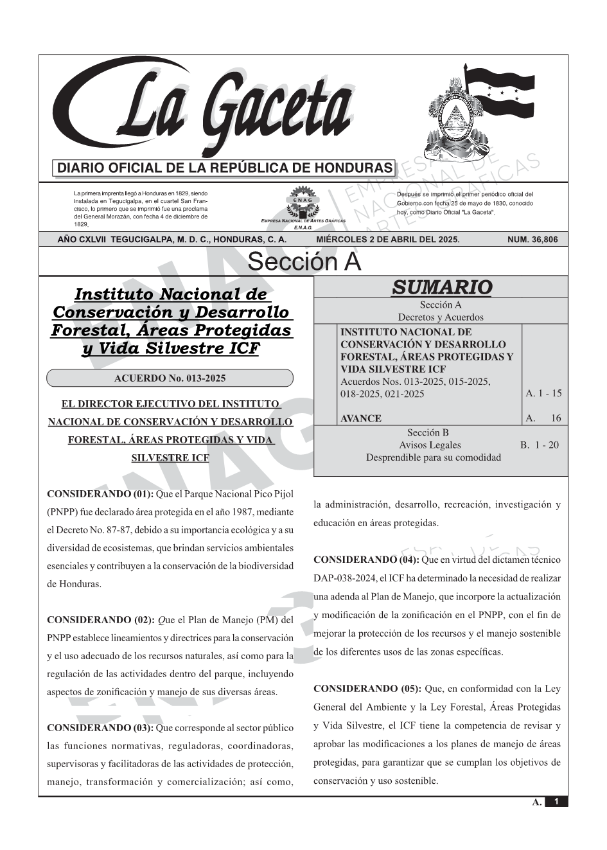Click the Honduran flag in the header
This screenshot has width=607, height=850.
pos(498,91)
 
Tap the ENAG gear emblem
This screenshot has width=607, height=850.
pos(303,200)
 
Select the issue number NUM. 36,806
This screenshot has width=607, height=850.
pos(532,240)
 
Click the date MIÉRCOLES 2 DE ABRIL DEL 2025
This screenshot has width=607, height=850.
pos(387,240)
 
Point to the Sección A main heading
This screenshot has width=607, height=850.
pos(304,262)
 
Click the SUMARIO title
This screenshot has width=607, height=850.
pos(441,287)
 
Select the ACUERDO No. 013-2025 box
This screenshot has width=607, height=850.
pos(170,378)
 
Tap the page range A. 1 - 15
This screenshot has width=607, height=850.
pos(543,393)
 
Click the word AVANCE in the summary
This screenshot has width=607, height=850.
pos(361,418)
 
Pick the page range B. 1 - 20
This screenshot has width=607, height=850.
pos(540,445)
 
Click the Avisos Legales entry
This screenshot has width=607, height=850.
pos(430,445)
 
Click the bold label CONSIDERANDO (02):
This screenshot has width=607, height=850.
pos(100,620)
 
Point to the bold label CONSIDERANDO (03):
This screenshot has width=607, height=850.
pos(100,728)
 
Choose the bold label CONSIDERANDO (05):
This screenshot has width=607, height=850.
pos(367,689)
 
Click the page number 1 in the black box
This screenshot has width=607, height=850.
pos(556,802)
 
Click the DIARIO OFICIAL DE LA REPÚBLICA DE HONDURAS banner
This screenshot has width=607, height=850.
pos(225,168)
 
